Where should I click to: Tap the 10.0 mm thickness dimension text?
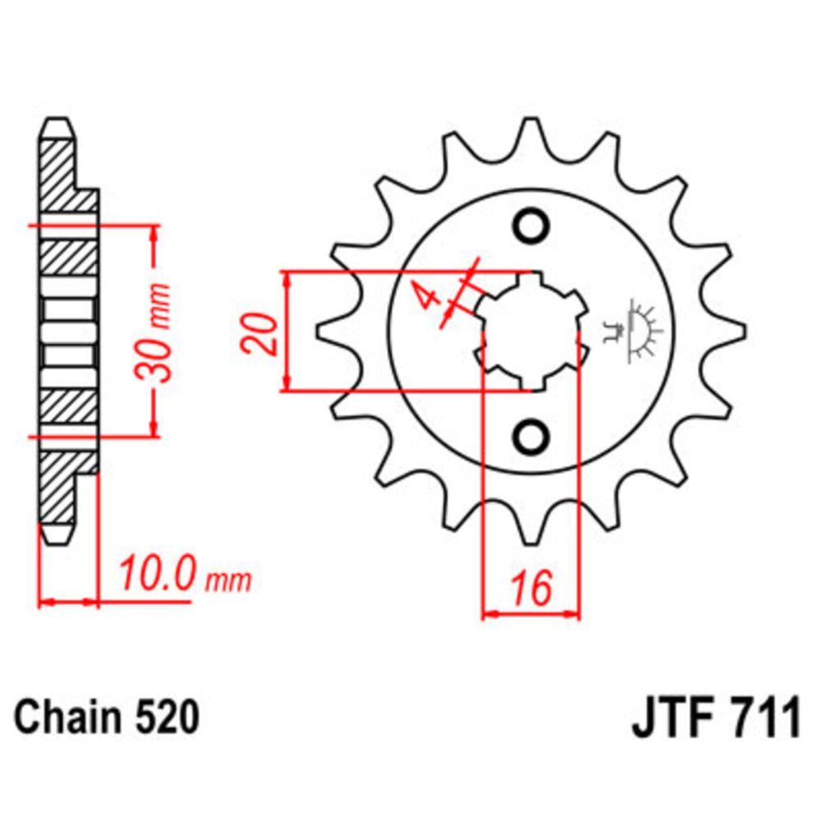tap(184, 575)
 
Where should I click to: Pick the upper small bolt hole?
tap(531, 224)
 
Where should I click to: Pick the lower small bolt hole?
tap(531, 434)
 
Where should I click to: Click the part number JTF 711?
tap(714, 721)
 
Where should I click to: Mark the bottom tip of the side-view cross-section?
tap(56, 537)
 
